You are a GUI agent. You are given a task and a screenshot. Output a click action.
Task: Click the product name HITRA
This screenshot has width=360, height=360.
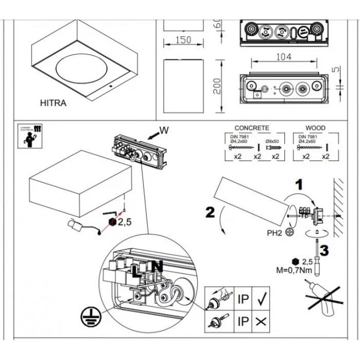tap(53, 103)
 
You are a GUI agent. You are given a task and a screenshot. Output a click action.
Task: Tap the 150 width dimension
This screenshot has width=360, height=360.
tap(178, 40)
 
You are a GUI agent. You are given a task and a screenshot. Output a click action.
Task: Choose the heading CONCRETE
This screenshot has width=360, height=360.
tap(251, 128)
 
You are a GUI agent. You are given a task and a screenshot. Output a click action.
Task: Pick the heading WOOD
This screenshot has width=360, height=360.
tap(315, 128)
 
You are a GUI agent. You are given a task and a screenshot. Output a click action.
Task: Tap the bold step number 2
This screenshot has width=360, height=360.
tap(209, 212)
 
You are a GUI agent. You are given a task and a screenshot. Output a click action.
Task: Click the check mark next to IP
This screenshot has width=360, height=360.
tap(261, 298)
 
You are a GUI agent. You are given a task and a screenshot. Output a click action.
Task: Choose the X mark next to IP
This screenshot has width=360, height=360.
tap(261, 322)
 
